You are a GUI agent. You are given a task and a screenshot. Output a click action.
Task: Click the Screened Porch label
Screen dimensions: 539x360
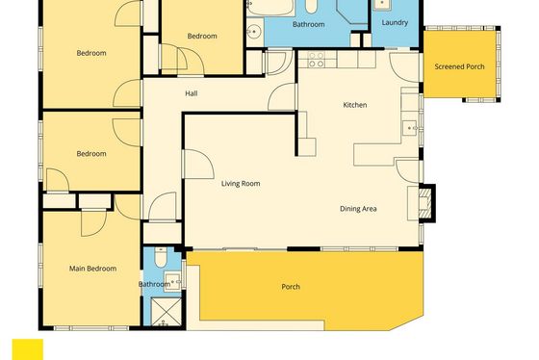tap(459, 66)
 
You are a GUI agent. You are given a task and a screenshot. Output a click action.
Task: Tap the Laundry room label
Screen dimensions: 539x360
tap(395, 23)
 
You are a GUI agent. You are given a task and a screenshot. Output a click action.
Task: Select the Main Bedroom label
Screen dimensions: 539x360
tap(92, 269)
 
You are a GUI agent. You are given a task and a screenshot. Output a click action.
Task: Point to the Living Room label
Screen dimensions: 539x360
tap(241, 184)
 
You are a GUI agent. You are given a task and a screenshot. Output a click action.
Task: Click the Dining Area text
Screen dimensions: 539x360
tap(358, 209)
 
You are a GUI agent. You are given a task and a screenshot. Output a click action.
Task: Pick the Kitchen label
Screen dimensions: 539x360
tap(355, 105)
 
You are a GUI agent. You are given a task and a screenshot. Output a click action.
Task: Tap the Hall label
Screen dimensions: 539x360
tap(192, 93)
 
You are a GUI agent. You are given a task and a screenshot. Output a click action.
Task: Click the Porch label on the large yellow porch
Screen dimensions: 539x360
tap(291, 287)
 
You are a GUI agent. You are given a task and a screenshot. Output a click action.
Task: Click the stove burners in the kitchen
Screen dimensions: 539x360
tap(316, 60)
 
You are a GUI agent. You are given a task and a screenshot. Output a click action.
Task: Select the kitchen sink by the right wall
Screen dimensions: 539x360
tap(410, 128)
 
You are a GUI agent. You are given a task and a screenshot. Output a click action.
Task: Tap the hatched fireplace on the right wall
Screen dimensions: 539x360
tap(424, 203)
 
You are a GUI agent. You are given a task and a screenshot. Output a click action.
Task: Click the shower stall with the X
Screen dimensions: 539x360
tap(166, 312)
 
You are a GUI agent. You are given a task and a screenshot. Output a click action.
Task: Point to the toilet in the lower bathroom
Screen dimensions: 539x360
tap(161, 257)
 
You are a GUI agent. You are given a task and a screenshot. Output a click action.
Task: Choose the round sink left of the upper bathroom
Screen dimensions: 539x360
tap(254, 32)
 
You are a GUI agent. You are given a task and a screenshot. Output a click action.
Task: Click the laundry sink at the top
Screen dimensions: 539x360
tap(382, 5)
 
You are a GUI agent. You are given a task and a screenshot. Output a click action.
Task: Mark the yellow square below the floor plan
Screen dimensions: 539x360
tap(28, 349)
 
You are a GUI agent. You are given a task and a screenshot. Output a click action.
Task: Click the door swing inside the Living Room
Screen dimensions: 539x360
tap(198, 164)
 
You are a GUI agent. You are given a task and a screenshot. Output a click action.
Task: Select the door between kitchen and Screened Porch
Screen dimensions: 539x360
tap(404, 66)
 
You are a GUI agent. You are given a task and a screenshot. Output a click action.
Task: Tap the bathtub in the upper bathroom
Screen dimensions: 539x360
tap(270, 8)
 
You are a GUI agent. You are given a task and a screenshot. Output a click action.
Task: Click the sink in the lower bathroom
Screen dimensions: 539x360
tap(172, 281)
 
